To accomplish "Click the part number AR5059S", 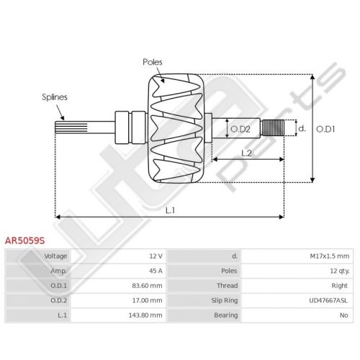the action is pos(24,240).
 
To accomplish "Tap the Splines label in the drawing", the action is pos(55,97).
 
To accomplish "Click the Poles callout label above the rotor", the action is pos(153,62).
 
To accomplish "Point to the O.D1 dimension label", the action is pos(325,129).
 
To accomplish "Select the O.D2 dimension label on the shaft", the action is pos(240,130).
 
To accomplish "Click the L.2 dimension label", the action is pos(246,153).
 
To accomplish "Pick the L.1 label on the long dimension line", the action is pos(170,210).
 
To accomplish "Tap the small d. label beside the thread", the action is pos(302,128).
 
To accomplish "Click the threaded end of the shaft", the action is pos(273,127).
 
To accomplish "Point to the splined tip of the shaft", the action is pos(71,127).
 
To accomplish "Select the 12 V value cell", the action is pos(156,256).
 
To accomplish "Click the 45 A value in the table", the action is pos(156,271).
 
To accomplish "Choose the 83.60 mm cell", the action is pos(147,286).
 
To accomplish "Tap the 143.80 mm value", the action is pos(145,315).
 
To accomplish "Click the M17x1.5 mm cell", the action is pos(330,256).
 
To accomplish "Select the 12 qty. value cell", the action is pos(340,271).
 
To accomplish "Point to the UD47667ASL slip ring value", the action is pos(328,300).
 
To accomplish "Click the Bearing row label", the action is pos(226,315).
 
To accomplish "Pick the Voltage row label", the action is pos(55,256).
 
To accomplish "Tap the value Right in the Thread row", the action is pos(339,286).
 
